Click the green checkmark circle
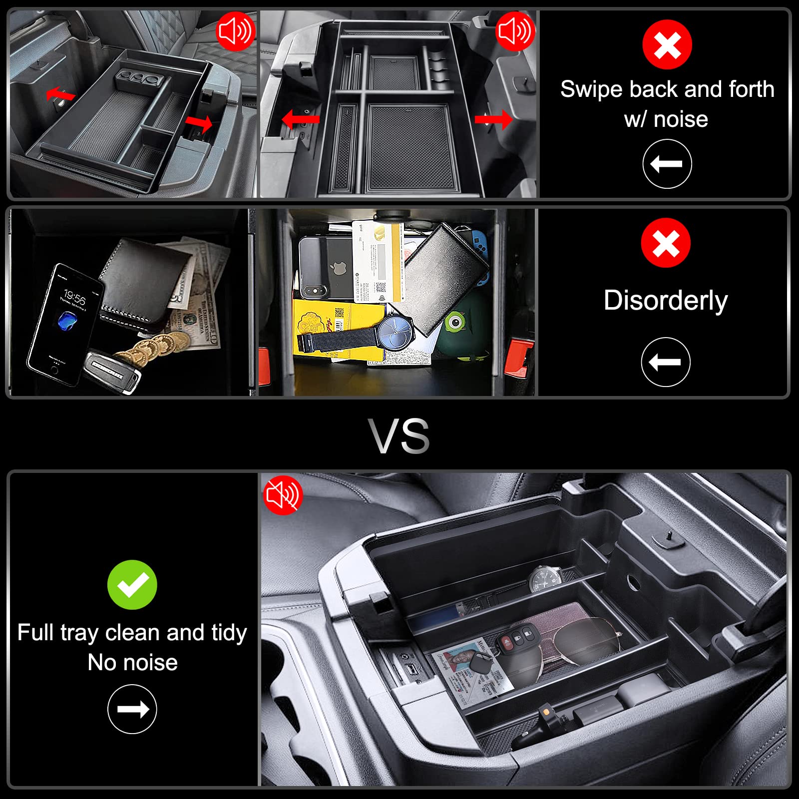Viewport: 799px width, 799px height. click(x=132, y=584)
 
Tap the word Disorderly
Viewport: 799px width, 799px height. click(x=665, y=301)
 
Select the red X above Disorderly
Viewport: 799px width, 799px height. click(x=666, y=243)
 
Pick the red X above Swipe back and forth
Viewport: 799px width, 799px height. click(x=667, y=44)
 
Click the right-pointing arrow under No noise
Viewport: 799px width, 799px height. click(x=132, y=709)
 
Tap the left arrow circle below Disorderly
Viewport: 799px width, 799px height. click(x=665, y=362)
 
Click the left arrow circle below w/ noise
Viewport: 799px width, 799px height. click(x=667, y=164)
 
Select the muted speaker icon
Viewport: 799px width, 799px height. click(x=283, y=495)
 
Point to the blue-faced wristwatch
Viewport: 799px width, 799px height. click(x=395, y=332)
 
